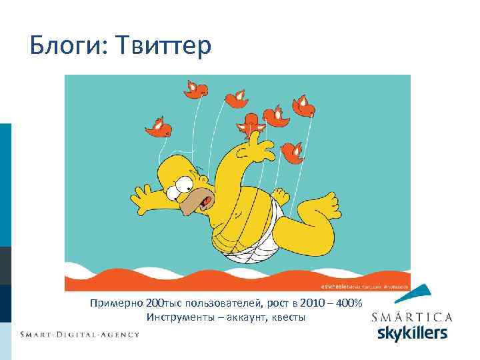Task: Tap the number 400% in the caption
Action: pos(348,303)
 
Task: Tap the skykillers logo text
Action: pos(412,333)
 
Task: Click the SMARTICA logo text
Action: pos(412,317)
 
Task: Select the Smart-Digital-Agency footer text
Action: pos(79,335)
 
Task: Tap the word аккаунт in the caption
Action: pos(244,317)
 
